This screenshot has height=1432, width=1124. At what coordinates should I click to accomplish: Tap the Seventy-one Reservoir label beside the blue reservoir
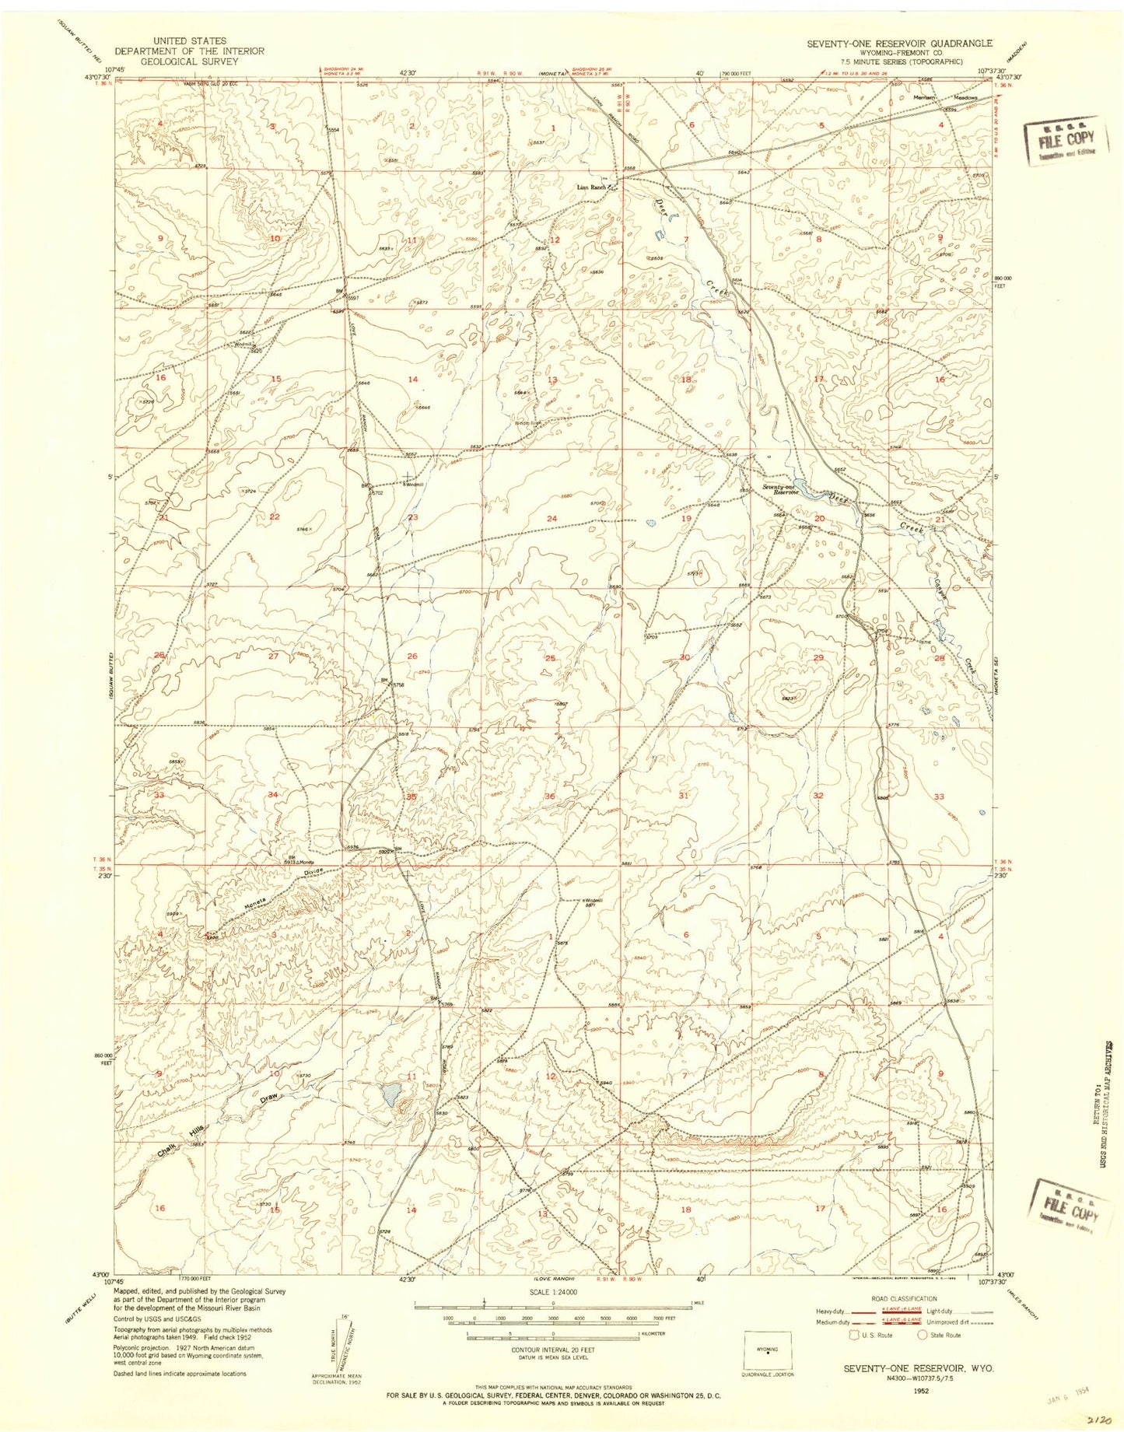tap(781, 489)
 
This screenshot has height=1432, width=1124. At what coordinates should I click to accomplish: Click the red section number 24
tap(551, 518)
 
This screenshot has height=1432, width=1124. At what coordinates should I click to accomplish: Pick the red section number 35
tap(411, 797)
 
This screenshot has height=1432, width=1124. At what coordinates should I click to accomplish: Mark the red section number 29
tap(818, 658)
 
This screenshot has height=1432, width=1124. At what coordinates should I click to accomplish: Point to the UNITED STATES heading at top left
tap(190, 40)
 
